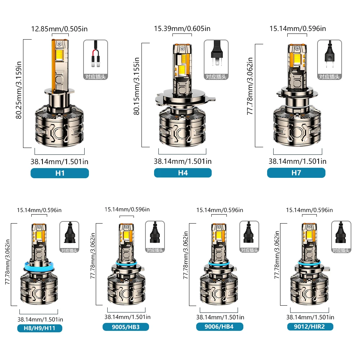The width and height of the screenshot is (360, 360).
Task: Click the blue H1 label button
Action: (x=60, y=173)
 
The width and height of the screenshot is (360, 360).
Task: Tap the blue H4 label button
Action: (x=183, y=173)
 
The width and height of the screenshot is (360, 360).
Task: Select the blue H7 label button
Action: (x=296, y=173)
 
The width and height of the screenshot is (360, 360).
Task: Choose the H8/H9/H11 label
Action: (x=40, y=328)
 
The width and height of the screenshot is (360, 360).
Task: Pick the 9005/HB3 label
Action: (x=126, y=327)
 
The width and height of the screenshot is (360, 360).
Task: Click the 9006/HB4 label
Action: (x=220, y=327)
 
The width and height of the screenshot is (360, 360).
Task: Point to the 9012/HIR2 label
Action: (x=310, y=327)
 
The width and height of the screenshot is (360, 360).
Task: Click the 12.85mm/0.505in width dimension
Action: (x=60, y=28)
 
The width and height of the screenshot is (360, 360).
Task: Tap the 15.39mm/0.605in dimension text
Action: (x=182, y=28)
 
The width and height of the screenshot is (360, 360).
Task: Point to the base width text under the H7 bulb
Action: (x=297, y=161)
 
